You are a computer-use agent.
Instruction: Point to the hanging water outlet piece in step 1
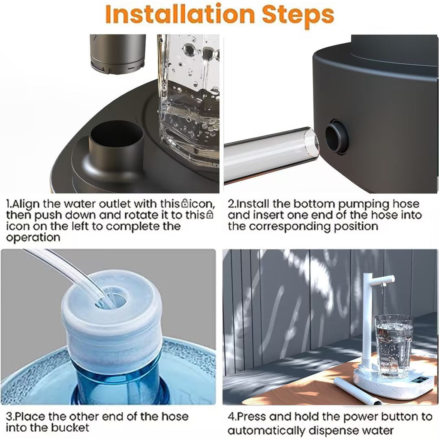click(x=118, y=54)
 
